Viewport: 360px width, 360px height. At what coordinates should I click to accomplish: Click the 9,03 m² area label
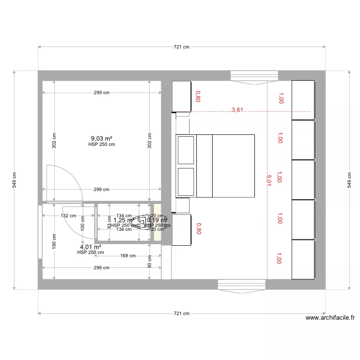click(102, 138)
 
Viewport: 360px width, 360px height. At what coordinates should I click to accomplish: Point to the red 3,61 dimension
click(238, 110)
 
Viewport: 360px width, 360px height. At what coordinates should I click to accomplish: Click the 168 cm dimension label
click(128, 256)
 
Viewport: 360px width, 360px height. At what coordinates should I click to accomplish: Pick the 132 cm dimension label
click(68, 216)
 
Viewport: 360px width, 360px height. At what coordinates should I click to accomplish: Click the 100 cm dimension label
click(82, 223)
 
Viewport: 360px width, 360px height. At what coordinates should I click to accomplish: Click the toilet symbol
click(142, 222)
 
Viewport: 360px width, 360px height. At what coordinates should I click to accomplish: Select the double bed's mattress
click(233, 166)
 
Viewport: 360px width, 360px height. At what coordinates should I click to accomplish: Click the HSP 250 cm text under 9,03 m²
click(102, 144)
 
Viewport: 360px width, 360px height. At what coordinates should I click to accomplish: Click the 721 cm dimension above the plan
click(182, 47)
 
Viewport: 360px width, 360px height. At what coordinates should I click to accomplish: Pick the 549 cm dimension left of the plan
click(14, 180)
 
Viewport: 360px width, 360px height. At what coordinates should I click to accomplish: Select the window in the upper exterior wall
click(254, 76)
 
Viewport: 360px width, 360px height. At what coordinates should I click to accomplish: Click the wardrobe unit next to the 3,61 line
click(303, 99)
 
